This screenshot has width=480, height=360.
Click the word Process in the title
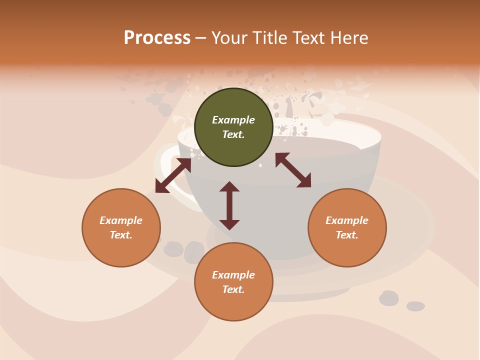(x=157, y=38)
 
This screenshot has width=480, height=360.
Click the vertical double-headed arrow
(x=229, y=205)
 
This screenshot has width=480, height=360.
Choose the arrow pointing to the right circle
(x=293, y=170)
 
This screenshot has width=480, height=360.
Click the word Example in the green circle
(x=233, y=120)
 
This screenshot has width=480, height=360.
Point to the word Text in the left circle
(x=121, y=235)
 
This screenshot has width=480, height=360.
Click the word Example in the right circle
(x=347, y=220)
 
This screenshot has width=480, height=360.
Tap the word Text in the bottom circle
(x=233, y=289)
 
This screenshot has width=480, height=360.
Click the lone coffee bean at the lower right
(x=415, y=306)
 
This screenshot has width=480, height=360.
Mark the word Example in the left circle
(x=121, y=220)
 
